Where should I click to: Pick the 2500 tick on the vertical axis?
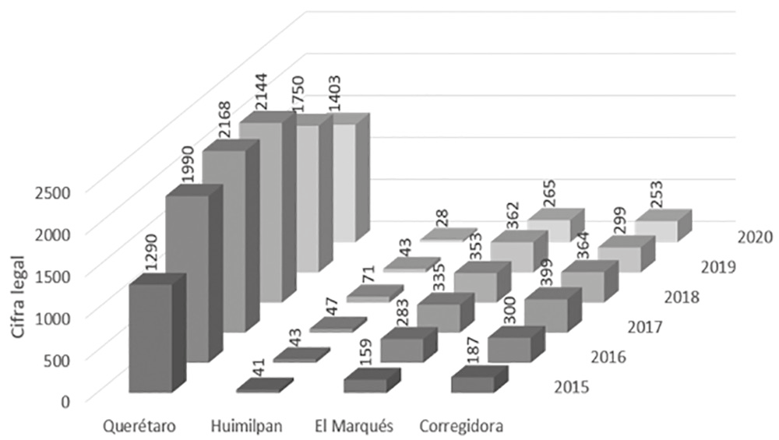click(x=55, y=192)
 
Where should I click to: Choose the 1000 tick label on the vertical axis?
click(x=55, y=317)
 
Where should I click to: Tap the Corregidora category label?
click(x=460, y=427)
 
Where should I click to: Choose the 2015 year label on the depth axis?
click(x=572, y=386)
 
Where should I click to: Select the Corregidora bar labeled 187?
click(x=474, y=384)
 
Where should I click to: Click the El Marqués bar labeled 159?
click(x=366, y=384)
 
